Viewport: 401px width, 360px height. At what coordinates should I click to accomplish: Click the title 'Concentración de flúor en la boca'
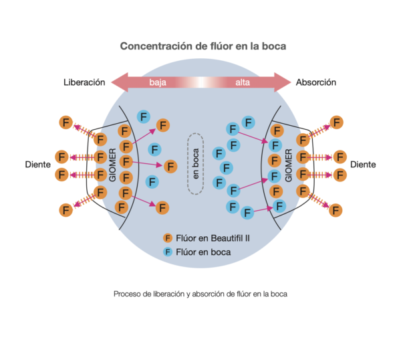pyautogui.click(x=203, y=47)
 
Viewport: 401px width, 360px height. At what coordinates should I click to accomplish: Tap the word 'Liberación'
pyautogui.click(x=84, y=82)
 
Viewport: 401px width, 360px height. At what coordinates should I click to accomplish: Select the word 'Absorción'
pyautogui.click(x=316, y=82)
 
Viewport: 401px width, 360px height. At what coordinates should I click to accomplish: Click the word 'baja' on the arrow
pyautogui.click(x=158, y=83)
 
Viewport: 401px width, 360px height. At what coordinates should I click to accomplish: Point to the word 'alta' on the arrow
pyautogui.click(x=243, y=83)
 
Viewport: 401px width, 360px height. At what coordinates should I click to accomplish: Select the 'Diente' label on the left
pyautogui.click(x=38, y=164)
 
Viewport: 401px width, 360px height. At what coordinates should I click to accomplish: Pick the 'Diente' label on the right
pyautogui.click(x=364, y=164)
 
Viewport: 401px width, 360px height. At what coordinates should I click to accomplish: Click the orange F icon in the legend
pyautogui.click(x=168, y=238)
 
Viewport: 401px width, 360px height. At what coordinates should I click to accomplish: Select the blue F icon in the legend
pyautogui.click(x=168, y=252)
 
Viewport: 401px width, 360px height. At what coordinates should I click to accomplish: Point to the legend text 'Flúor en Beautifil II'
pyautogui.click(x=213, y=238)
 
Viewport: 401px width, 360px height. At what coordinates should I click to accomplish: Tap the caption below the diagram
pyautogui.click(x=200, y=293)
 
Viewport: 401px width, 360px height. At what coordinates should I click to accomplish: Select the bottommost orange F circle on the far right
pyautogui.click(x=336, y=210)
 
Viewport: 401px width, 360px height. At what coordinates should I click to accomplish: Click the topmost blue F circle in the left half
pyautogui.click(x=143, y=116)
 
